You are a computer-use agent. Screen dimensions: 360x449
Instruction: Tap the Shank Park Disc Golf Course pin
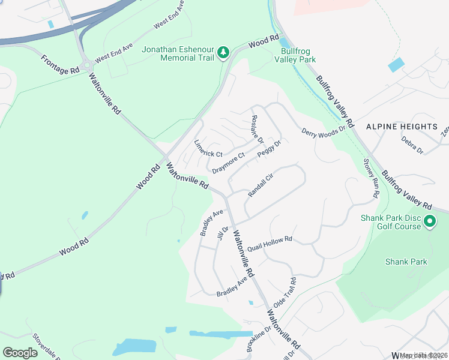pyautogui.click(x=429, y=222)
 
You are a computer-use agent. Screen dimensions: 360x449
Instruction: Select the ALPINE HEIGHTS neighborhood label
pyautogui.click(x=402, y=127)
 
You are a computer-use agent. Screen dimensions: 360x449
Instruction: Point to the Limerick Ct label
pyautogui.click(x=208, y=149)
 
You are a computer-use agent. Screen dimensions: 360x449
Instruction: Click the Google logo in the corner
pyautogui.click(x=20, y=352)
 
